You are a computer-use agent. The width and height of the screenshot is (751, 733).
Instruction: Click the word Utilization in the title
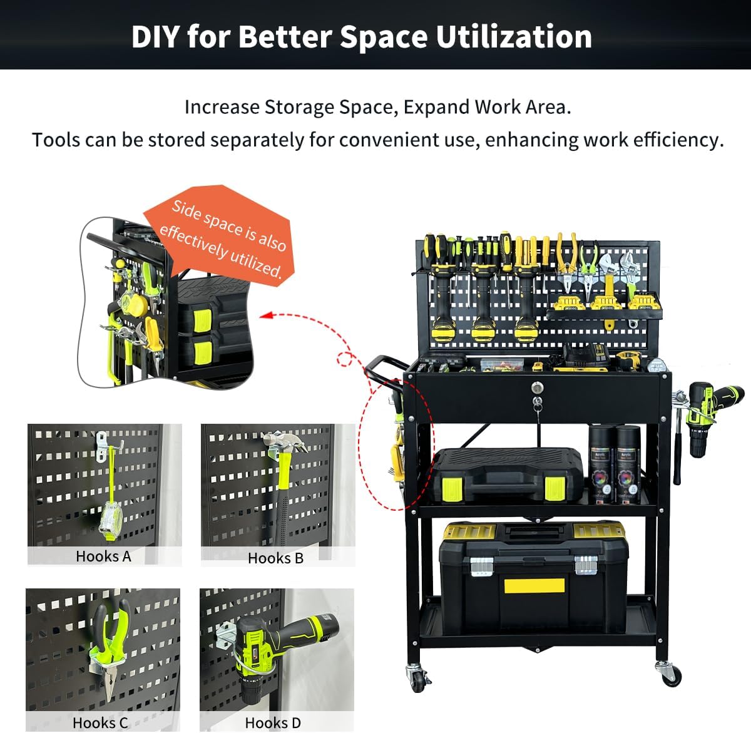[x=513, y=36]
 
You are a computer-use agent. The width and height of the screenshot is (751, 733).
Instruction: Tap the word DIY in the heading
[x=155, y=36]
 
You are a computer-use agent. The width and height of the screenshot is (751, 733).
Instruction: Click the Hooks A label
[x=103, y=556]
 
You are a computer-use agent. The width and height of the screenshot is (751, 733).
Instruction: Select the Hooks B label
[x=275, y=558]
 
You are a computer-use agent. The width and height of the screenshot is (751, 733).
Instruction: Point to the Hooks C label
[x=100, y=723]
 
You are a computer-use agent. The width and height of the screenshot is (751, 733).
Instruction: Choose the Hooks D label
[x=273, y=723]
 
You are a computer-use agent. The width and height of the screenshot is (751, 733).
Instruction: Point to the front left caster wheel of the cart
[x=419, y=677]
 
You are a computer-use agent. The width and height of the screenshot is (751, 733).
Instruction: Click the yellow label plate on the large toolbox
[x=534, y=587]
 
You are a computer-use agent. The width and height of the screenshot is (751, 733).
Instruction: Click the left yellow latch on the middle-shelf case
[x=453, y=488]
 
